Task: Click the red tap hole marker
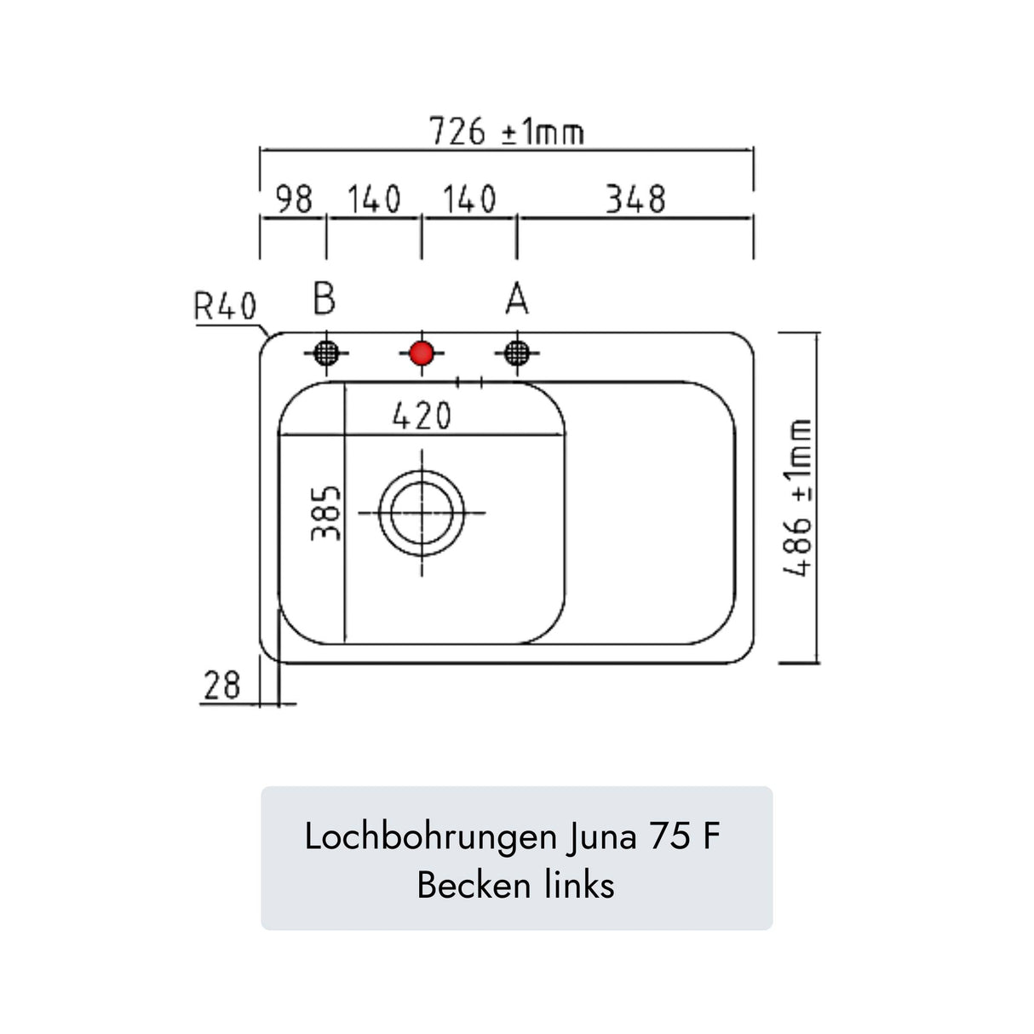point(422,353)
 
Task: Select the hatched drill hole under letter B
point(326,353)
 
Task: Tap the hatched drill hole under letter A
point(516,353)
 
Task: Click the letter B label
point(325,299)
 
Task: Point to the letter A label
point(516,300)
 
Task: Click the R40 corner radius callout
point(225,307)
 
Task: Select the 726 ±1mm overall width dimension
point(506,132)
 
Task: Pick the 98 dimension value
point(294,200)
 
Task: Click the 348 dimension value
point(635,200)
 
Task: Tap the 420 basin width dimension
point(422,416)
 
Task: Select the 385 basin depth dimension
point(325,513)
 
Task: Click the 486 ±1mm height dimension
point(798,497)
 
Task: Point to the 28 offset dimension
point(222,686)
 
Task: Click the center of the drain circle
point(422,513)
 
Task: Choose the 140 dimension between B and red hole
point(374,200)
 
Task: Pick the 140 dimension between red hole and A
point(468,200)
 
